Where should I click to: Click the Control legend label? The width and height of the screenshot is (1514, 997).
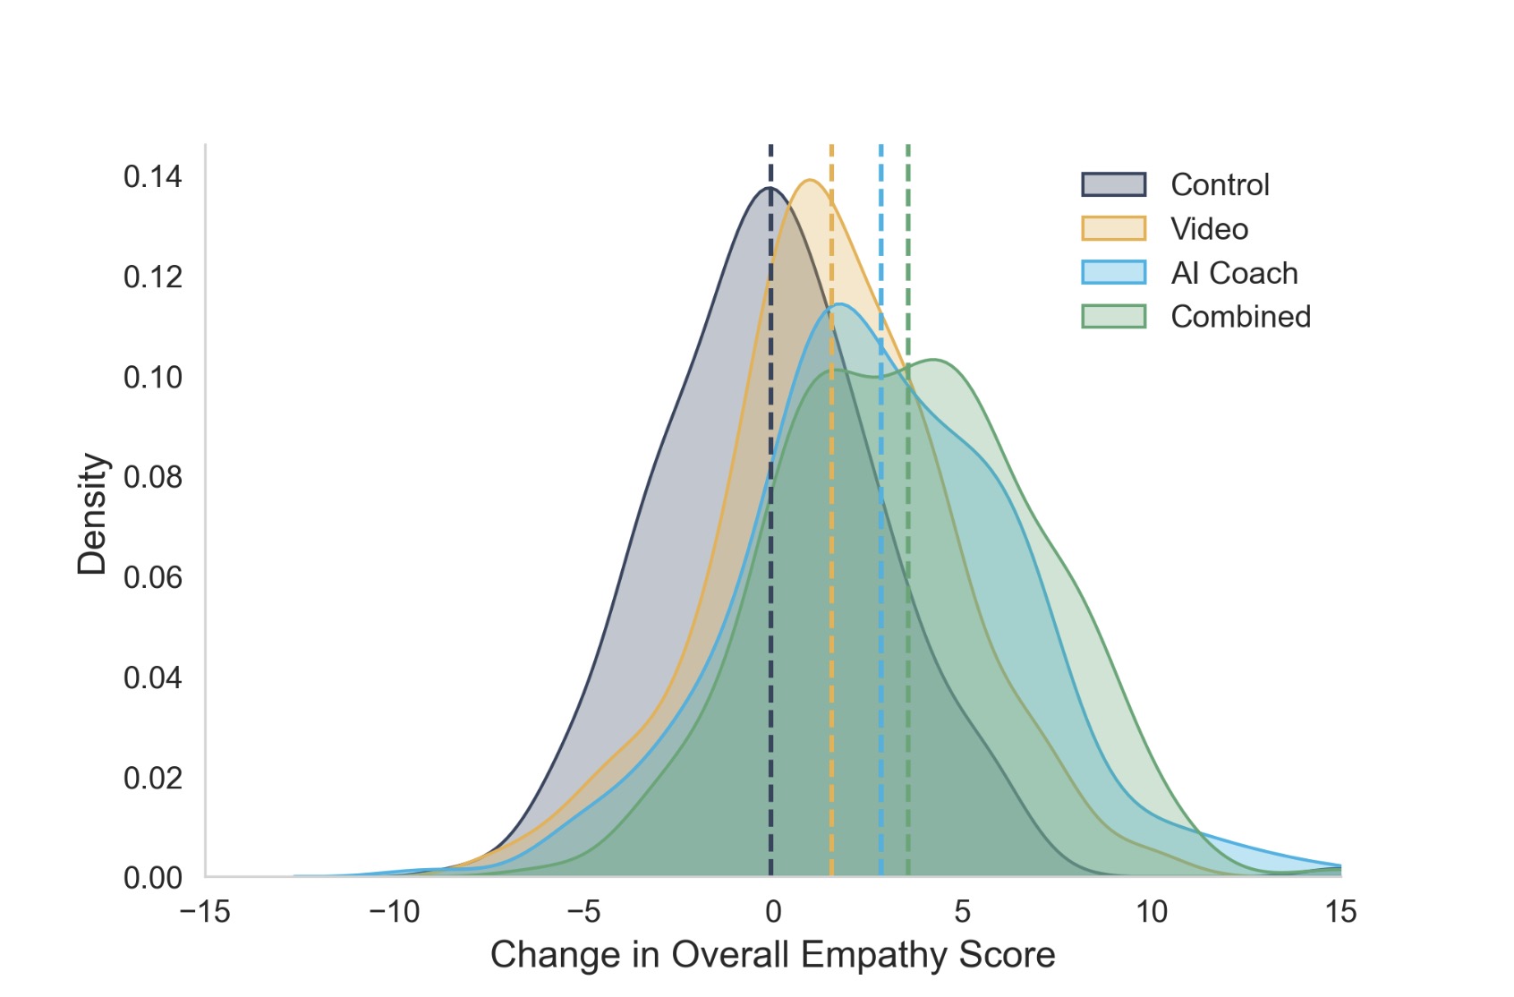pyautogui.click(x=1220, y=185)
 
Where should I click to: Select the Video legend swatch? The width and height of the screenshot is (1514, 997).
pyautogui.click(x=1113, y=229)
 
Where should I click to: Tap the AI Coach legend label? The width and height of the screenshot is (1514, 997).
pyautogui.click(x=1234, y=273)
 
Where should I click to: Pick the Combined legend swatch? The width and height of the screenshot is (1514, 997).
pyautogui.click(x=1113, y=317)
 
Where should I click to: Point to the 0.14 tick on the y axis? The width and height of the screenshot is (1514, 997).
pyautogui.click(x=152, y=177)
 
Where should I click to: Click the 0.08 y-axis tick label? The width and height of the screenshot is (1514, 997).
pyautogui.click(x=152, y=478)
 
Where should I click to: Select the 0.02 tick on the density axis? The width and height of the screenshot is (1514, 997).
pyautogui.click(x=152, y=779)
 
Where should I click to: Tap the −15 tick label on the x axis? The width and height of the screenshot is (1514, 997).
pyautogui.click(x=205, y=913)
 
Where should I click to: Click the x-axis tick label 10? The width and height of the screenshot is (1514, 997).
pyautogui.click(x=1152, y=913)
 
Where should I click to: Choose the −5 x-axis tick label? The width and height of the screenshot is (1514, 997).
pyautogui.click(x=583, y=913)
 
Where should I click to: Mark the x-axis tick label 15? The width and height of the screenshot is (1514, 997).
pyautogui.click(x=1340, y=913)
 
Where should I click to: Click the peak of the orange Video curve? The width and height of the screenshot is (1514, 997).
pyautogui.click(x=810, y=181)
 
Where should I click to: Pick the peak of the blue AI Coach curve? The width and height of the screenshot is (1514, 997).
pyautogui.click(x=839, y=305)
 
